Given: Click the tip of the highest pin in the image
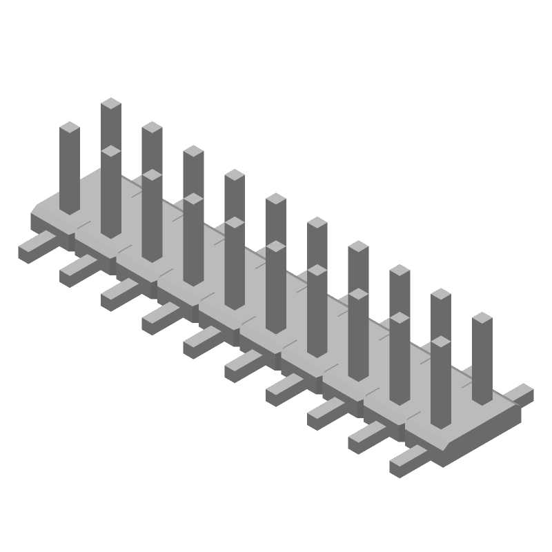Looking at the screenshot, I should (110, 104).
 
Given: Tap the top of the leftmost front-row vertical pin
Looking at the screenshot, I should (69, 128).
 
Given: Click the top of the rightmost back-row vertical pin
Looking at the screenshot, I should (482, 319).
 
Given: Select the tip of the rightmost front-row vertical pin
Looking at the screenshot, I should (441, 343).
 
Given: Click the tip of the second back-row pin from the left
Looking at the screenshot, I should (152, 128).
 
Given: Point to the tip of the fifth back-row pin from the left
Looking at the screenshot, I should (275, 199).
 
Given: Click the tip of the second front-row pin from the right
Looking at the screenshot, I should (400, 319).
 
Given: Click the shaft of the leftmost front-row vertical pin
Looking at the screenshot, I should (69, 172).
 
